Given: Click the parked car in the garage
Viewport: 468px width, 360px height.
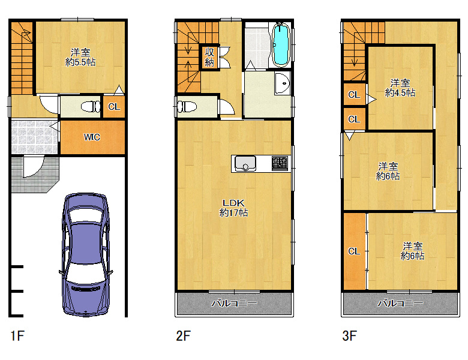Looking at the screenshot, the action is [86, 254].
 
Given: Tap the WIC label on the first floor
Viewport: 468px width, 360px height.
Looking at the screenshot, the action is [92, 137].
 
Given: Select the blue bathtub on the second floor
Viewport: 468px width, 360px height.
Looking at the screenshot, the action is [281, 45].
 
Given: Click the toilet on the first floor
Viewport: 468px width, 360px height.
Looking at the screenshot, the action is [91, 107].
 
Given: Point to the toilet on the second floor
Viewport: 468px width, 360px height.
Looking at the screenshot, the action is [187, 107].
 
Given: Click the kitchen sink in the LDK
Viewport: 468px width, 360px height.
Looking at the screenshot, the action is [245, 164].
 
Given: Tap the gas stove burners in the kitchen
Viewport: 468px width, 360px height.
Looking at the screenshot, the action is [280, 164].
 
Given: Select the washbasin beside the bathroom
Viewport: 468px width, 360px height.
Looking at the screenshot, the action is [283, 83].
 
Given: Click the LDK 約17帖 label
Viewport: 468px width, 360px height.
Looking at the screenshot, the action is [233, 208].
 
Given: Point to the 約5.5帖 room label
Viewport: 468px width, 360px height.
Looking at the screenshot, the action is [80, 58].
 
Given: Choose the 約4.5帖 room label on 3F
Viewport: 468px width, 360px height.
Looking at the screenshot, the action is [400, 88].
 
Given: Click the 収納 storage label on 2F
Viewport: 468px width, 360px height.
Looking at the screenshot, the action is [209, 57].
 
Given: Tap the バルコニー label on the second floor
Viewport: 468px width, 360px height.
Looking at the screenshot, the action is [234, 303].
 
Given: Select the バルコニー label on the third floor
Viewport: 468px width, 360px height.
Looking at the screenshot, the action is [400, 303].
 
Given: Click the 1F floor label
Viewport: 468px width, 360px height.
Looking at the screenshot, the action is [17, 336].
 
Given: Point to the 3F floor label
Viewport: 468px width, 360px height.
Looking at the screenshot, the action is [350, 336].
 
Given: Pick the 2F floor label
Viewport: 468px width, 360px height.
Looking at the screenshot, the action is [183, 336].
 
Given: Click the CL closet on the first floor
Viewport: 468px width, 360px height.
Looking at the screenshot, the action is [114, 107].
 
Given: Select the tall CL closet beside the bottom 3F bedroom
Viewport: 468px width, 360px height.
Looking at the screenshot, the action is [355, 251].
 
